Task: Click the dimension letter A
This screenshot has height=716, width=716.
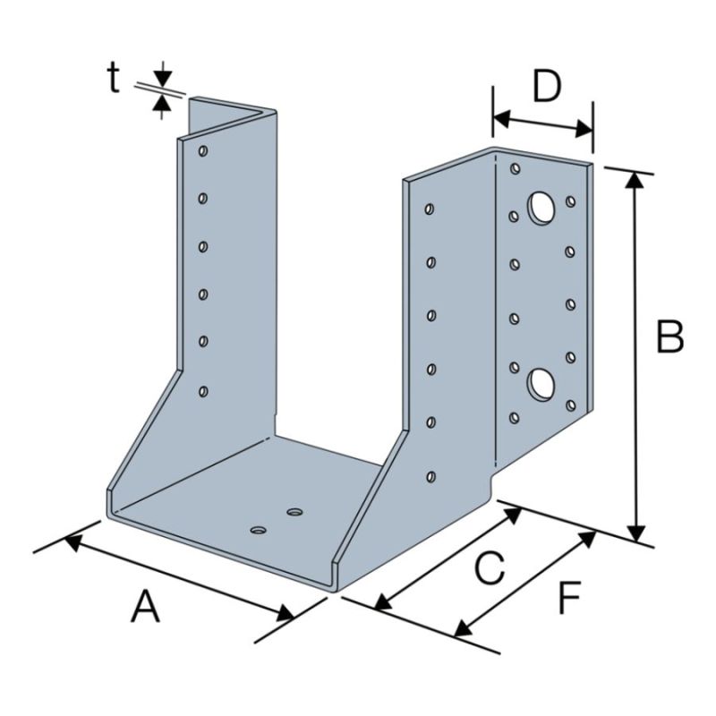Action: click(145, 607)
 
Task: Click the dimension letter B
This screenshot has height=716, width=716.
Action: click(669, 337)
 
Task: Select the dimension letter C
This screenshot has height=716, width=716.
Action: click(490, 567)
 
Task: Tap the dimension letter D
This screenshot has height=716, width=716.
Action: click(547, 86)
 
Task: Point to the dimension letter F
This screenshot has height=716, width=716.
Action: click(569, 597)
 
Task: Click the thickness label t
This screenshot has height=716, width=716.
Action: click(114, 78)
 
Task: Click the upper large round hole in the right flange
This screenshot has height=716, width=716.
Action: click(541, 209)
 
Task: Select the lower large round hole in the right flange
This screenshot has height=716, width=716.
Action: click(541, 385)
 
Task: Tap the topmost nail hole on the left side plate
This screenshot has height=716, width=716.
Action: click(203, 150)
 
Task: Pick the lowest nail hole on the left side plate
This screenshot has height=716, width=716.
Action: click(203, 391)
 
